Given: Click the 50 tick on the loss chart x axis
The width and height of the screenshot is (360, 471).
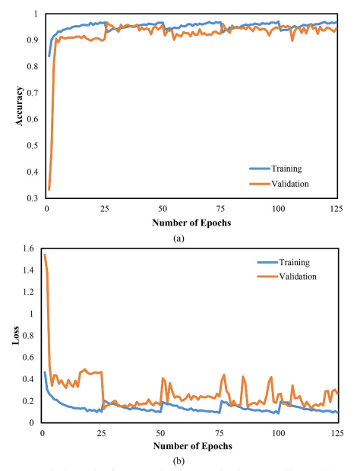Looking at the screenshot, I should pos(160,431).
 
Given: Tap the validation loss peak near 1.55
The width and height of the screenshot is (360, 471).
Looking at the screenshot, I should pos(45,254).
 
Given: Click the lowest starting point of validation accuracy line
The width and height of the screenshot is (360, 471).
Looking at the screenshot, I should pos(49,189).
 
